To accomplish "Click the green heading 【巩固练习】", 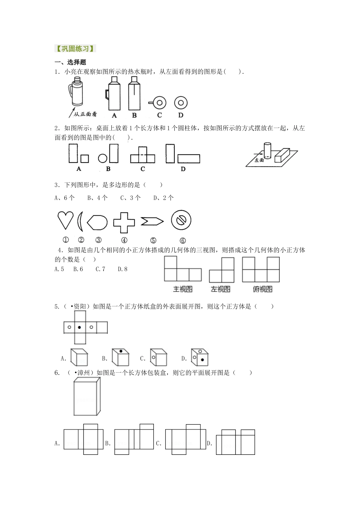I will tap(75, 48).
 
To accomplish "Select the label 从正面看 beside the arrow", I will tap(85, 114).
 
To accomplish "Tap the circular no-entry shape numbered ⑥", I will tap(181, 220).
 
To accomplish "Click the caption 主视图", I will tap(183, 289).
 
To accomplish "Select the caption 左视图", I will tap(221, 289).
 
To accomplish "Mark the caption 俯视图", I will tap(262, 289).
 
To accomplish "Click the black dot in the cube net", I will tap(79, 327).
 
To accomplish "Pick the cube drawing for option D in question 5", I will tap(200, 357).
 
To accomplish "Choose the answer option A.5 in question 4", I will tap(59, 269).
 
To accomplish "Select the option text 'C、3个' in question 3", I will tap(130, 198).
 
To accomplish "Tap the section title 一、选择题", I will tap(70, 62).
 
